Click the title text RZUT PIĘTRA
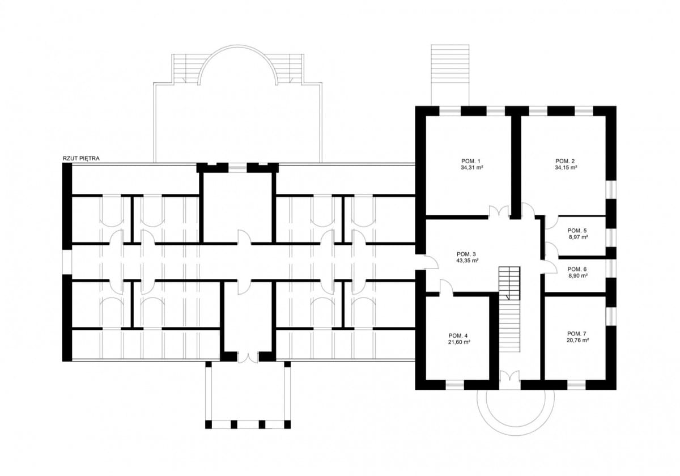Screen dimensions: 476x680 [x=81, y=159]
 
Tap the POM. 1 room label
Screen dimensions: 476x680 [x=471, y=161]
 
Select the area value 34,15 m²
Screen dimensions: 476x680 [x=566, y=168]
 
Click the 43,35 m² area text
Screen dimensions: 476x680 [x=467, y=261]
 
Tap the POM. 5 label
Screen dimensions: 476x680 [x=577, y=231]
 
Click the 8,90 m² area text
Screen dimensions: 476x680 [x=577, y=276]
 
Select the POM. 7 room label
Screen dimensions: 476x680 [x=577, y=334]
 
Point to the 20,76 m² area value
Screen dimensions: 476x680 [x=577, y=341]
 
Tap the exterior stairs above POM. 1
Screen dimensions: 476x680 [x=450, y=74]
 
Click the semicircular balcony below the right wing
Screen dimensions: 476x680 [x=513, y=413]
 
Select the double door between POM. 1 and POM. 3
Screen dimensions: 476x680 [x=498, y=212]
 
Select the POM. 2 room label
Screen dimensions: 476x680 [x=566, y=161]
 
